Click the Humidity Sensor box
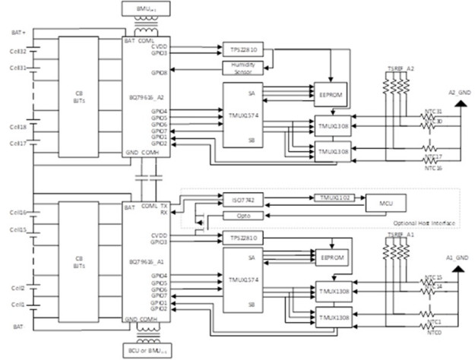click(241, 68)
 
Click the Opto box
click(241, 216)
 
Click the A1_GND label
click(459, 257)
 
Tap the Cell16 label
click(17, 212)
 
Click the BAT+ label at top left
click(17, 33)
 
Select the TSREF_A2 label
click(400, 68)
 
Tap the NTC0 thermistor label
click(433, 332)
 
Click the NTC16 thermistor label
click(433, 167)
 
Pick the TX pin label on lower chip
click(164, 206)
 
